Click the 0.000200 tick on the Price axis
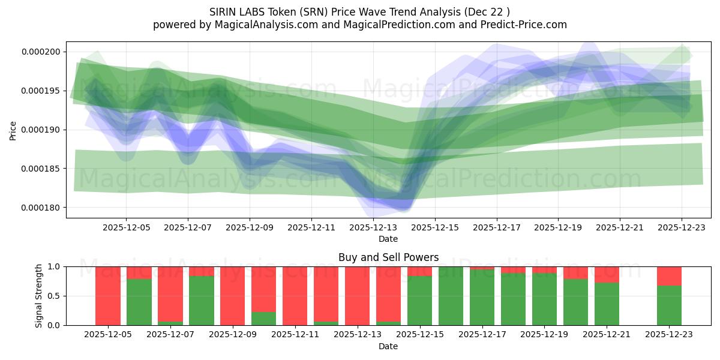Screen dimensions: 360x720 41,52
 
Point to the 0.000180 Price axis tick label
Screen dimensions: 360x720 41,208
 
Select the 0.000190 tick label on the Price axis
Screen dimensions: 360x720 41,130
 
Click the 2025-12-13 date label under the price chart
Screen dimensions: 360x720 373,227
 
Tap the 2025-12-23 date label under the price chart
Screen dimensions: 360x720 682,227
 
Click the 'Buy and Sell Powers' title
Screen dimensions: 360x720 388,257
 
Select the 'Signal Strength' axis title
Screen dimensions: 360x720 39,295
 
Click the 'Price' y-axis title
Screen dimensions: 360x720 13,130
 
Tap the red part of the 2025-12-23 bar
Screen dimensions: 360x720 669,275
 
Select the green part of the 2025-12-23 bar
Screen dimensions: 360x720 669,305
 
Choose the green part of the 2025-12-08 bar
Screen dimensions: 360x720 202,301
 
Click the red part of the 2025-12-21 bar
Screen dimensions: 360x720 607,274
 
